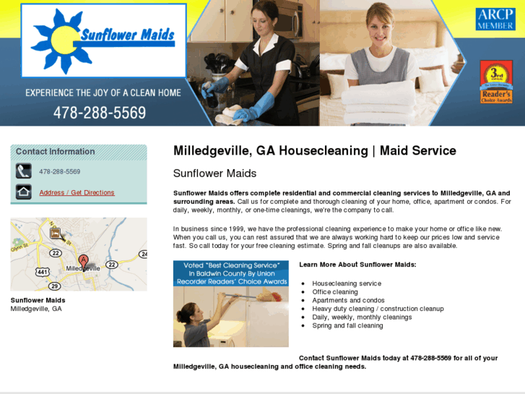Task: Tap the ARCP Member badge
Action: pyautogui.click(x=495, y=20)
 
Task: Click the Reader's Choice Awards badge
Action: pyautogui.click(x=496, y=82)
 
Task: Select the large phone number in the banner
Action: pyautogui.click(x=100, y=113)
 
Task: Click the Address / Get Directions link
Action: pyautogui.click(x=77, y=192)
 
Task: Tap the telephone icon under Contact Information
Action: pyautogui.click(x=24, y=171)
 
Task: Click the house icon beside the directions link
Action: pyautogui.click(x=24, y=192)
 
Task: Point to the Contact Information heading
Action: pyautogui.click(x=56, y=151)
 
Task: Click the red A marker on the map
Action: pyautogui.click(x=83, y=260)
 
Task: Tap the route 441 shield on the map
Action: pyautogui.click(x=43, y=272)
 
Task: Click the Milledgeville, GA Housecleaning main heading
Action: pyautogui.click(x=314, y=151)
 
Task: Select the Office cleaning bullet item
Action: pyautogui.click(x=334, y=292)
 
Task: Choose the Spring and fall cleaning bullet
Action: pyautogui.click(x=347, y=325)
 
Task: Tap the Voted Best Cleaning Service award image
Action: pyautogui.click(x=230, y=304)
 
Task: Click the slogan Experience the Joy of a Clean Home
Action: pyautogui.click(x=103, y=93)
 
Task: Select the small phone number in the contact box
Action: pyautogui.click(x=60, y=171)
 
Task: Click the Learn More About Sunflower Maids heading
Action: pyautogui.click(x=357, y=265)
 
